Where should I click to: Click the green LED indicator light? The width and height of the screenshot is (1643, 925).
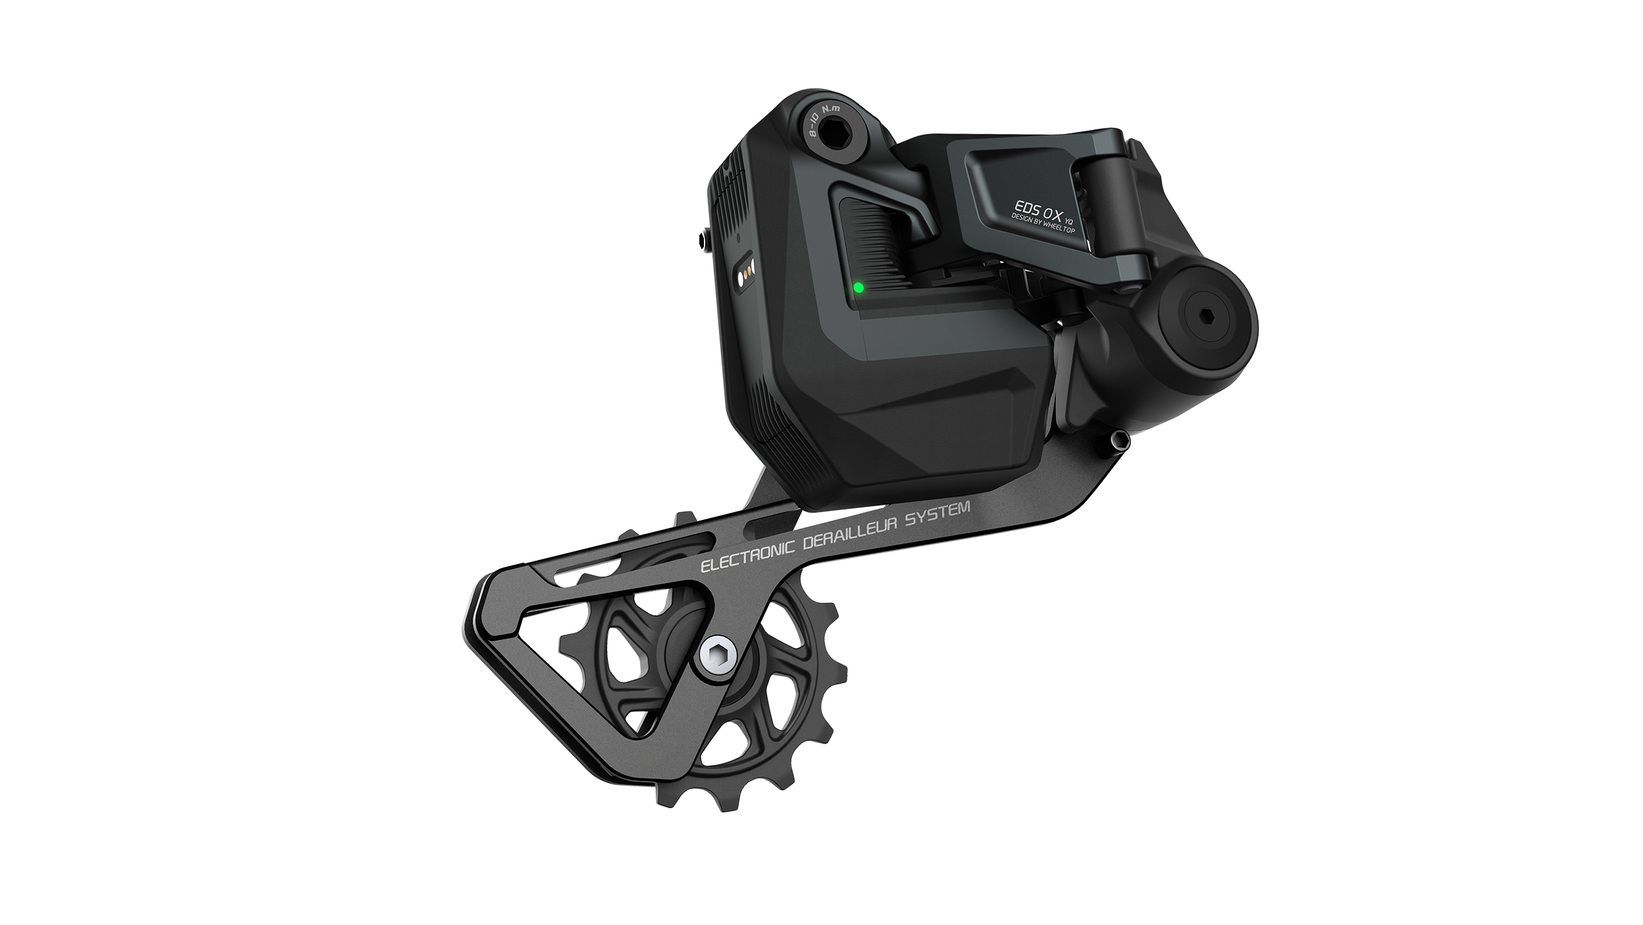(858, 288)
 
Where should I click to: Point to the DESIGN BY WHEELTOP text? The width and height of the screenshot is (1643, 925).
(1044, 225)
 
